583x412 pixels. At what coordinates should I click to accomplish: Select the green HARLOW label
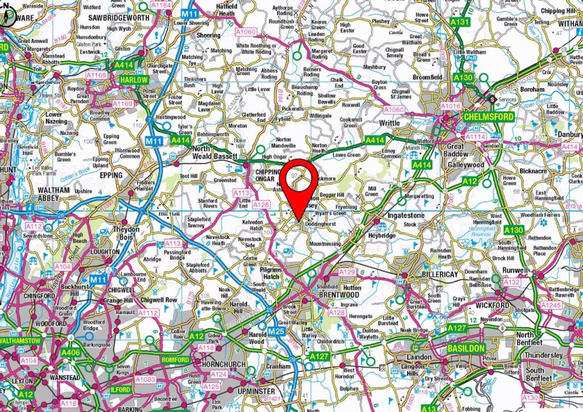134,81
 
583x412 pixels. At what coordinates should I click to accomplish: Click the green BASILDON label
466,348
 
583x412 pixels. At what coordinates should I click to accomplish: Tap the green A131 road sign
462,23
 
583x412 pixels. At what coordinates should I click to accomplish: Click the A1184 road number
162,5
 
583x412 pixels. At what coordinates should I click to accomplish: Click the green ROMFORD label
175,360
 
